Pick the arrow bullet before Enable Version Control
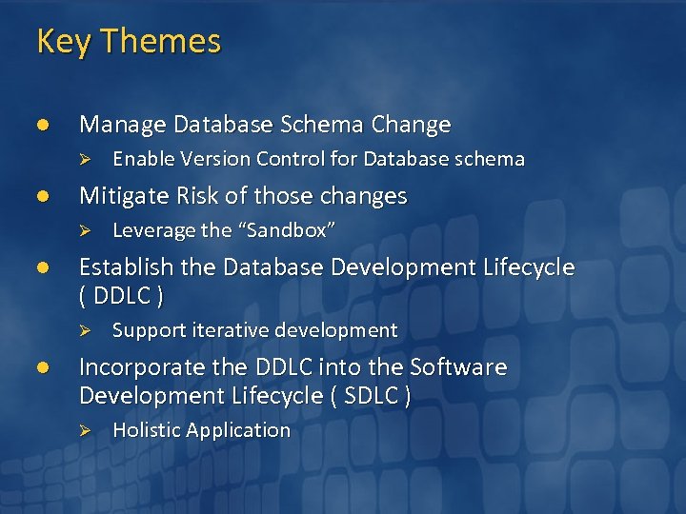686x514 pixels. click(84, 160)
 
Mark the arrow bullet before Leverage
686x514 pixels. click(84, 231)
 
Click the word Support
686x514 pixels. click(144, 331)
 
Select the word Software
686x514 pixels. click(456, 367)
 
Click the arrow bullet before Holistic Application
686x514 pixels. click(84, 431)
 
